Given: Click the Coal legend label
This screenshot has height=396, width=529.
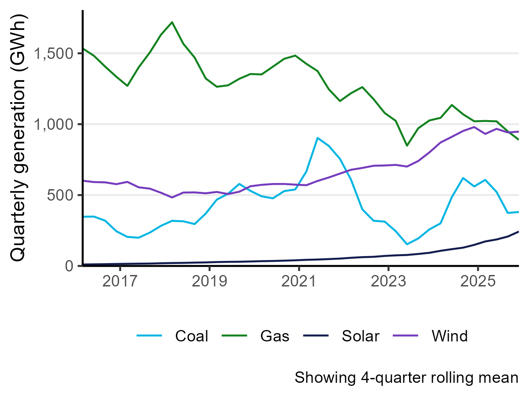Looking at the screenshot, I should point(191,336).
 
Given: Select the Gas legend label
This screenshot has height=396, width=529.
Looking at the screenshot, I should point(275,336).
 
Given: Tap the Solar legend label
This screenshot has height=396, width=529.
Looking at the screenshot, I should point(360,336).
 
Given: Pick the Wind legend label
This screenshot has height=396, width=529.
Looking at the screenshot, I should point(449,336).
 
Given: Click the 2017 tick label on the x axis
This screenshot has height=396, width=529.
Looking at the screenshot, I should point(120,281).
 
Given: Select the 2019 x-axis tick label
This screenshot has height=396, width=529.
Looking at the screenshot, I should point(209,281).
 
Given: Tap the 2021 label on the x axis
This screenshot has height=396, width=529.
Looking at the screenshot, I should point(299,281).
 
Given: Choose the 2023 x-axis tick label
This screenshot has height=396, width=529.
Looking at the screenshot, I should point(388,281).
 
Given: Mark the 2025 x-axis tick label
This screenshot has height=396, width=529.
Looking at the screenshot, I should point(477,281).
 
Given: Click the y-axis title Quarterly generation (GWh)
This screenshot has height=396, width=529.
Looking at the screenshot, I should point(19,137).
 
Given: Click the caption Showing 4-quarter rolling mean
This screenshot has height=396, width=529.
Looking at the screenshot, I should point(406,378).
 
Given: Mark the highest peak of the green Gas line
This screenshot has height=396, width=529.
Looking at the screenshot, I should point(172,22).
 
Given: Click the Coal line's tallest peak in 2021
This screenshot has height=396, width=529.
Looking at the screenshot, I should point(317,138).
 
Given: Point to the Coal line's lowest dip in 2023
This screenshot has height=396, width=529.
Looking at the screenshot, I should point(407,244).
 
